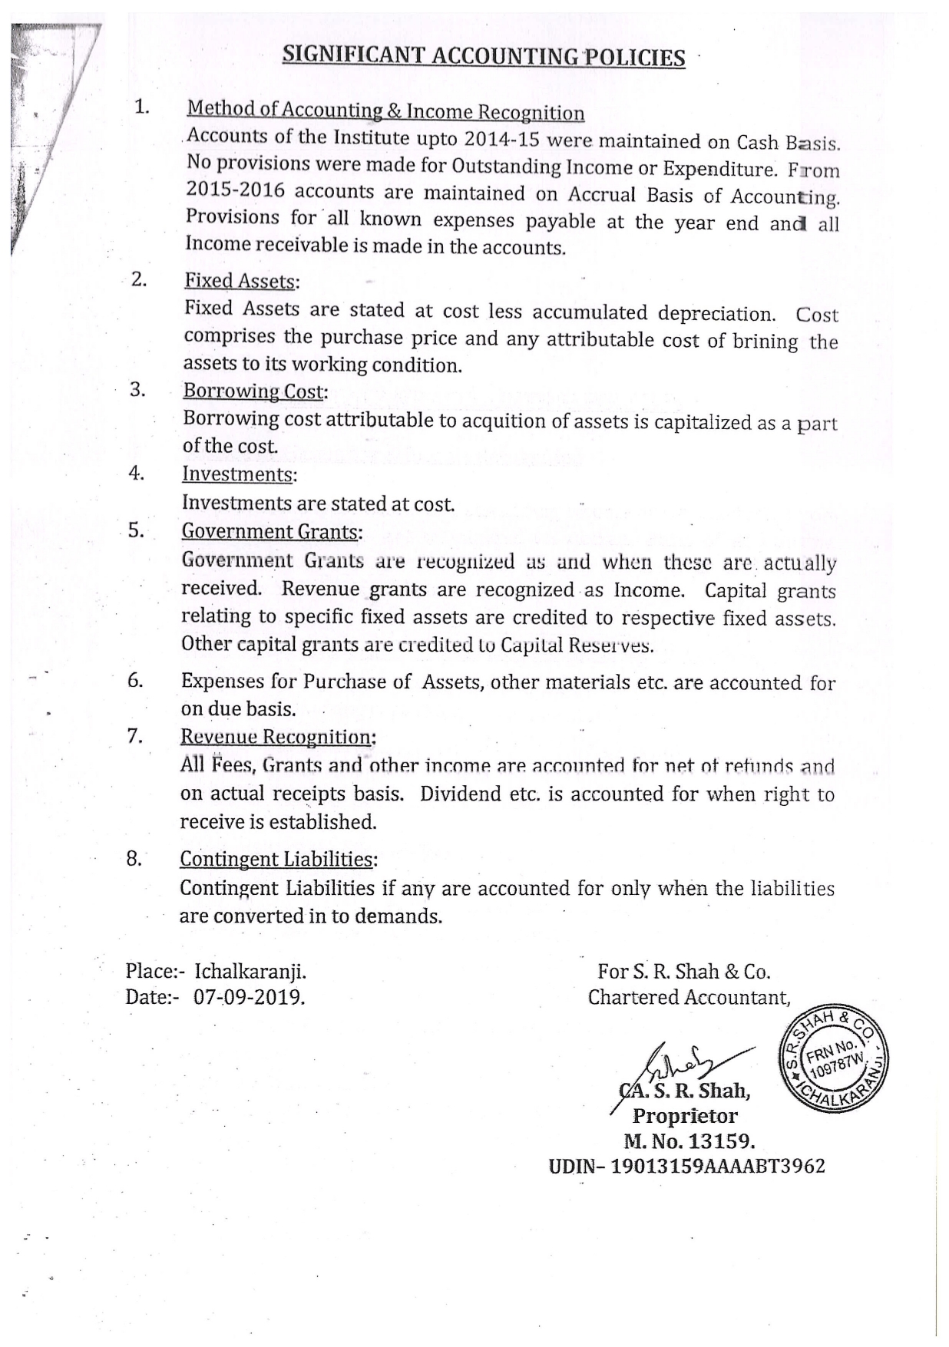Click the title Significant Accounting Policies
(x=483, y=56)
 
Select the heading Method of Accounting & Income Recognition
(x=385, y=112)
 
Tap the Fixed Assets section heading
(x=240, y=281)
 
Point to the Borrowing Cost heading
(x=253, y=391)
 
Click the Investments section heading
(x=237, y=474)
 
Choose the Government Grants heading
(x=270, y=531)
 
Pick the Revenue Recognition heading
(x=276, y=737)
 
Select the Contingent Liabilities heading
(x=276, y=859)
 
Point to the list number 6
(x=135, y=680)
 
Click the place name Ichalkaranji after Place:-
(x=250, y=972)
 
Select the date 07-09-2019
(x=250, y=998)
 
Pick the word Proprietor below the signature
(x=685, y=1116)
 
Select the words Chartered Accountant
(x=689, y=997)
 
